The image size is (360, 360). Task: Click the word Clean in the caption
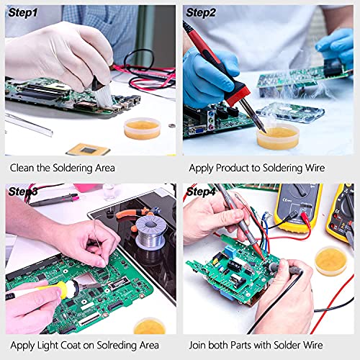pos(24,168)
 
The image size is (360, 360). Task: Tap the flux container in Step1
pos(142,128)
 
